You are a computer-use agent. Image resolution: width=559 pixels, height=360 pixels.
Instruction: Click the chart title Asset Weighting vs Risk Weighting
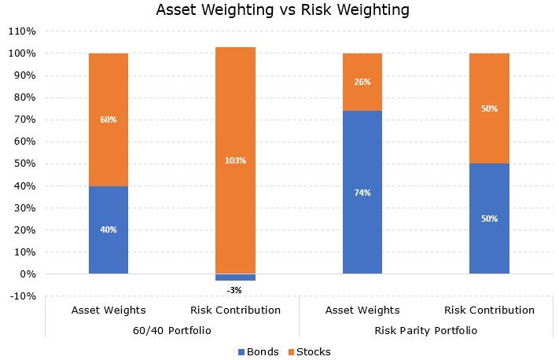tap(283, 10)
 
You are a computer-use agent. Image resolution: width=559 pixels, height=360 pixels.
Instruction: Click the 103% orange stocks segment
tap(235, 160)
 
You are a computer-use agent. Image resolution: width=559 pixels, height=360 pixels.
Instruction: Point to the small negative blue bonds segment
tap(235, 277)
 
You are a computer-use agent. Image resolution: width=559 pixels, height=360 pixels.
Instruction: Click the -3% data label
tap(234, 290)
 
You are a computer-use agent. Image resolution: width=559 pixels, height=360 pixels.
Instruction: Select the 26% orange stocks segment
tap(362, 82)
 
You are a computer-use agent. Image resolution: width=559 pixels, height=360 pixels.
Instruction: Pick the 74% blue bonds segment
tap(362, 192)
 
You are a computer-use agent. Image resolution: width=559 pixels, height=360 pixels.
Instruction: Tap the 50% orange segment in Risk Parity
tap(489, 108)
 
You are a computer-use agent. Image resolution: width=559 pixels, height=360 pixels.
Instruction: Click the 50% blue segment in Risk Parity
tap(489, 219)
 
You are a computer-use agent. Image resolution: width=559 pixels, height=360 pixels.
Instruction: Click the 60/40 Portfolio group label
tap(171, 330)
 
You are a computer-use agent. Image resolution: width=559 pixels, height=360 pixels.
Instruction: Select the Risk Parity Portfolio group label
tap(425, 330)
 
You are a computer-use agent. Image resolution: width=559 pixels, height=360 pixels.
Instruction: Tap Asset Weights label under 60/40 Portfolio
tap(108, 310)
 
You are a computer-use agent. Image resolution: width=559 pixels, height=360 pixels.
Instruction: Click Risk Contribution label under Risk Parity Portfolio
tap(489, 310)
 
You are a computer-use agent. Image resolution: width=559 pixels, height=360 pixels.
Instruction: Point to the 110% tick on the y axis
tap(22, 31)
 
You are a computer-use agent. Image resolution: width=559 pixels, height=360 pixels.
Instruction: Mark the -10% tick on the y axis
tap(22, 296)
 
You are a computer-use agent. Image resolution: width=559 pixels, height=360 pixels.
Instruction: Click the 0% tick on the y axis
tap(27, 274)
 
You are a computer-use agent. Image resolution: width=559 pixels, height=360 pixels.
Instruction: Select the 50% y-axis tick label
tap(24, 164)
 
